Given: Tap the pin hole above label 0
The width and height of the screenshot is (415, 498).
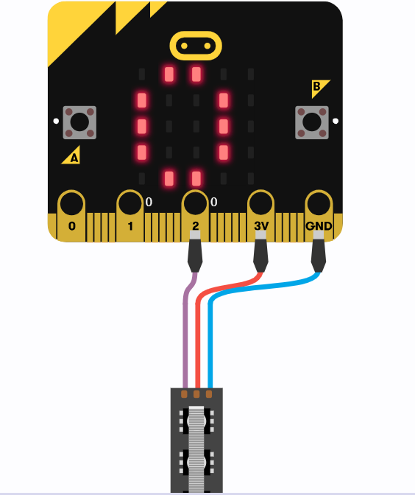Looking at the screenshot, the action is click(x=71, y=203).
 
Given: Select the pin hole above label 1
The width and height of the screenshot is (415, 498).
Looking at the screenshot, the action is click(x=130, y=203).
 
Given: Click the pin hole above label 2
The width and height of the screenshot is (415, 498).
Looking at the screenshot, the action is click(x=195, y=203).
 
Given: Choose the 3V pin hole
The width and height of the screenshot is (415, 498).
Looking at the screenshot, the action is click(x=260, y=203).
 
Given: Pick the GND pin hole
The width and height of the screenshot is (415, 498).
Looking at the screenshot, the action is click(x=319, y=203).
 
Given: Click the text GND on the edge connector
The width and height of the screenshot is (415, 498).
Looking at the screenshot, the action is click(x=319, y=226).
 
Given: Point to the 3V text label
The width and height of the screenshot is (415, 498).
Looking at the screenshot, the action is click(x=261, y=226).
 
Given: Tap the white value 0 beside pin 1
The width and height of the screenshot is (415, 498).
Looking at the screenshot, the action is click(x=149, y=202).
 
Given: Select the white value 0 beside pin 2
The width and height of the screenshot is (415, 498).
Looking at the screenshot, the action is click(x=214, y=202).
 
